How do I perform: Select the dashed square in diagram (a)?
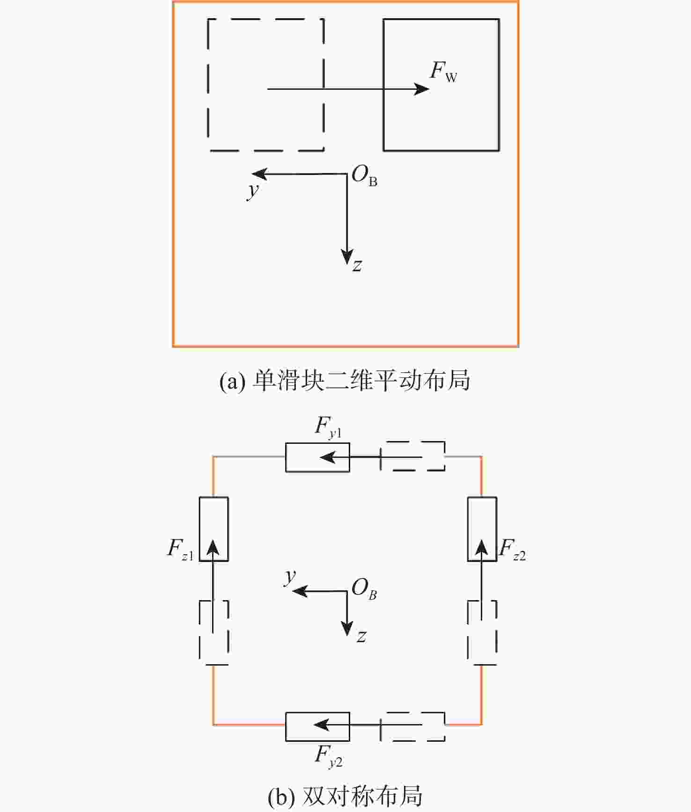(265, 85)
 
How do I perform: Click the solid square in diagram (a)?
(441, 85)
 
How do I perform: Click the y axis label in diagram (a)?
(253, 190)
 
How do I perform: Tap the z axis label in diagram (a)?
(357, 265)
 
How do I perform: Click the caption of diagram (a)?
(345, 380)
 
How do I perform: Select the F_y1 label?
(328, 427)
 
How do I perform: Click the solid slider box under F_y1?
(317, 457)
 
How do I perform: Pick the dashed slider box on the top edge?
(412, 456)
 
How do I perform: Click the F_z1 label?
(180, 548)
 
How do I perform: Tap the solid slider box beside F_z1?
(213, 529)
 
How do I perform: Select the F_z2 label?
(512, 548)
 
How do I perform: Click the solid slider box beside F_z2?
(482, 529)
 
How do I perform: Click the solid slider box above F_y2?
(317, 726)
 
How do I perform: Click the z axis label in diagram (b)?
(361, 637)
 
